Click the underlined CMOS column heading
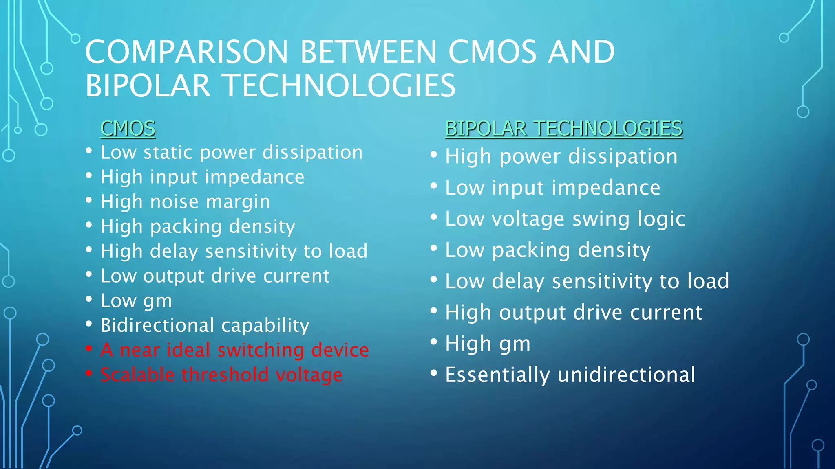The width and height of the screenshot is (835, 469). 128,129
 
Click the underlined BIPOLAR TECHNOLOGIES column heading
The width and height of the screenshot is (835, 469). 563,129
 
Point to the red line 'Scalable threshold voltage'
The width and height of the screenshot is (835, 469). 221,375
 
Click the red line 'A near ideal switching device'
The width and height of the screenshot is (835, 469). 234,350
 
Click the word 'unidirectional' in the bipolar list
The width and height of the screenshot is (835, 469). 626,375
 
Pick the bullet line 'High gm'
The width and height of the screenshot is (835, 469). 488,344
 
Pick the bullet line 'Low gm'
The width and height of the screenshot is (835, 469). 136,301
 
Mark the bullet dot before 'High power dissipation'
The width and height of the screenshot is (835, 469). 434,155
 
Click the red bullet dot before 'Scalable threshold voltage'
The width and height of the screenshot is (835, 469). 89,373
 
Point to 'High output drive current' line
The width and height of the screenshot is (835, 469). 573,313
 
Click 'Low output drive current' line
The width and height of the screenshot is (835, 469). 215,276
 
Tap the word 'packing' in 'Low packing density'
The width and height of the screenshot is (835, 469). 530,250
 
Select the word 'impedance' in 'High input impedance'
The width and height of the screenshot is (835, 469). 254,177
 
